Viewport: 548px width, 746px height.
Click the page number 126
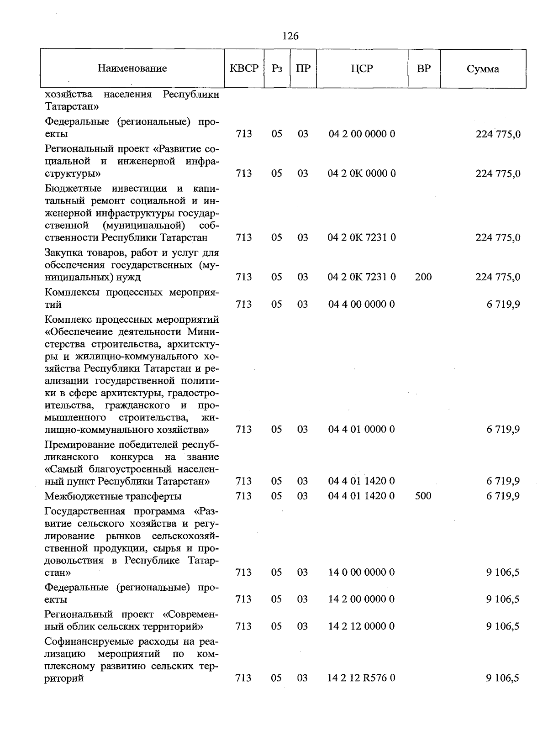[x=290, y=36]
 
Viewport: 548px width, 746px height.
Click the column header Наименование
[x=132, y=68]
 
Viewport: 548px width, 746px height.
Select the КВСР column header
[x=244, y=68]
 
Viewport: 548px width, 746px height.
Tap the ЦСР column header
[x=362, y=68]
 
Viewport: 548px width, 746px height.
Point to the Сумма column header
[x=483, y=69]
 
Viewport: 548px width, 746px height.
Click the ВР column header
[x=424, y=68]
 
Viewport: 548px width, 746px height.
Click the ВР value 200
[x=423, y=277]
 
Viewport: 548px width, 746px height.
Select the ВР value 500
[x=423, y=496]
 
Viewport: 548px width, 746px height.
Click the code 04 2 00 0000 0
[x=362, y=134]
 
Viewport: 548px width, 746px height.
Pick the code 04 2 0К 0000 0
[x=362, y=173]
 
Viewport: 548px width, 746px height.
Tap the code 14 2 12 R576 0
[x=361, y=678]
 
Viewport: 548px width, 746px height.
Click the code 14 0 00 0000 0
[x=362, y=572]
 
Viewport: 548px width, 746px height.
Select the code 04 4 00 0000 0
[x=362, y=304]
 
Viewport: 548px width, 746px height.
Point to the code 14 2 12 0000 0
[x=362, y=626]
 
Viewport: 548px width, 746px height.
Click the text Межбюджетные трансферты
[x=113, y=496]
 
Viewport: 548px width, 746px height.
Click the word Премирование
[x=75, y=445]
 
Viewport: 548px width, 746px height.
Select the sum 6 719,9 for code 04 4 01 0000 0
[x=503, y=429]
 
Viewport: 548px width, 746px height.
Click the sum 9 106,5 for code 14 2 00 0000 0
[x=503, y=599]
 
